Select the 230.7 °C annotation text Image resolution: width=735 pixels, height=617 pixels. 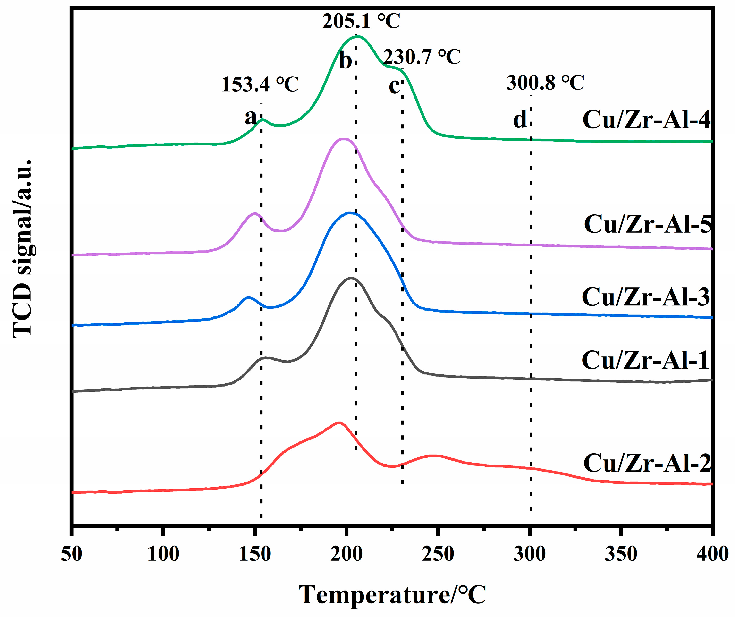(422, 57)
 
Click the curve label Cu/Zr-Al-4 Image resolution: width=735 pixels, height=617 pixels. (646, 120)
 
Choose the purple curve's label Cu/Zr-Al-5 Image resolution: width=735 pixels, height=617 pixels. (648, 224)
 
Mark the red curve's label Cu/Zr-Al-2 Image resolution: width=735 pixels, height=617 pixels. (647, 463)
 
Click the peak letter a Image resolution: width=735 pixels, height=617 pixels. (251, 117)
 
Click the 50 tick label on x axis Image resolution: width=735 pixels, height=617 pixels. (71, 554)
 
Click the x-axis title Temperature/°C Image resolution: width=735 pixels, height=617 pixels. (392, 595)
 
